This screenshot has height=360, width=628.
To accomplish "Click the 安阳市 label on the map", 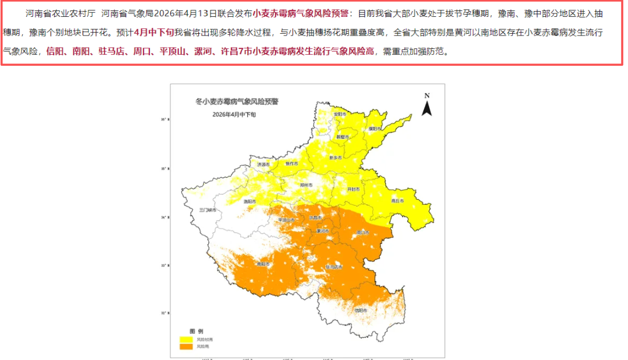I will [x=340, y=115].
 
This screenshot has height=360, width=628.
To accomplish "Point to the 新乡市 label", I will [x=336, y=158].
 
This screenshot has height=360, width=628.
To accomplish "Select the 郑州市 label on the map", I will [x=306, y=185].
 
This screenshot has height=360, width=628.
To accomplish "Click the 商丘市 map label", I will [x=398, y=201].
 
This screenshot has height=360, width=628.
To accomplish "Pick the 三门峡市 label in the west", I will [x=208, y=209].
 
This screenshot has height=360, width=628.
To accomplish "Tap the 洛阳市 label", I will [x=249, y=201].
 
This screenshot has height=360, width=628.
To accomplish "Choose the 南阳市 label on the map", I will [x=263, y=264].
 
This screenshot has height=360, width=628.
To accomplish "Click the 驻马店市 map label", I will [x=334, y=266].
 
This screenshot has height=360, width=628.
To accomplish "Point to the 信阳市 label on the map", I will [x=361, y=310].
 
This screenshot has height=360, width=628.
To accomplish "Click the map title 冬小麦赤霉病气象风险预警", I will [x=237, y=101].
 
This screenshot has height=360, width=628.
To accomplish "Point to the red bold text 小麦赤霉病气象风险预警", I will [x=297, y=13].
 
